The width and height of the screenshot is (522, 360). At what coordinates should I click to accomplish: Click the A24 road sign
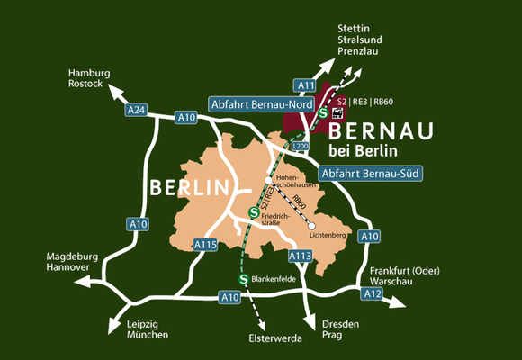tap(136, 110)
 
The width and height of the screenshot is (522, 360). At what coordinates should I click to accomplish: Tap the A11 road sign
tap(307, 85)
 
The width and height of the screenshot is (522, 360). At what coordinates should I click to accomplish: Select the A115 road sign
tap(206, 244)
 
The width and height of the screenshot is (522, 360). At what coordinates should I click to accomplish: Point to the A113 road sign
tap(300, 256)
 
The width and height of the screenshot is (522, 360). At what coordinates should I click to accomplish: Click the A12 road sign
tap(372, 293)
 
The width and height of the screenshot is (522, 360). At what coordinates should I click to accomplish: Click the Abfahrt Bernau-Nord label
tap(260, 104)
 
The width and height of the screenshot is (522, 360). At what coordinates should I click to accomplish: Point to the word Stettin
tap(354, 28)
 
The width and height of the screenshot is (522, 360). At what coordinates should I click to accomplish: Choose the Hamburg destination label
tap(88, 73)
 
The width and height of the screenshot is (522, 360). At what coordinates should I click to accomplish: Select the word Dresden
tap(340, 323)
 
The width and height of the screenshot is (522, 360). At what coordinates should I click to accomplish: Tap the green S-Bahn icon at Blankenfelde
tap(243, 281)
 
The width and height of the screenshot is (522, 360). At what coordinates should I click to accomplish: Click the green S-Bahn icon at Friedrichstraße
tap(253, 213)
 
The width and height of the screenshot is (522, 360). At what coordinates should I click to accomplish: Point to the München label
tap(148, 335)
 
